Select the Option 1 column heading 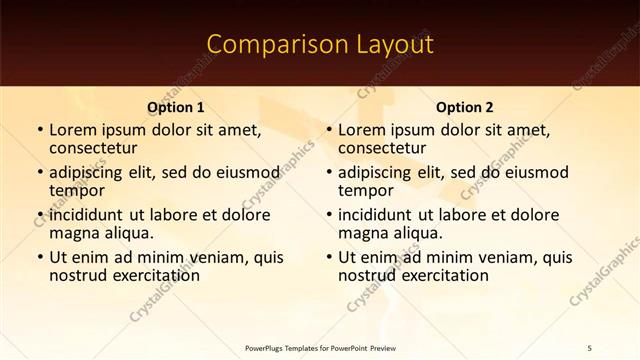(x=176, y=107)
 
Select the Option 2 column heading (x=465, y=107)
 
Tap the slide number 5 (x=590, y=347)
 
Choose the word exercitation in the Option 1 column (x=150, y=275)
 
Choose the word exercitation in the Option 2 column (x=439, y=275)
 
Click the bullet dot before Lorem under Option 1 (x=39, y=130)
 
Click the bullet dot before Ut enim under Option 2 (x=328, y=256)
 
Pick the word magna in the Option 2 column (x=362, y=233)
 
